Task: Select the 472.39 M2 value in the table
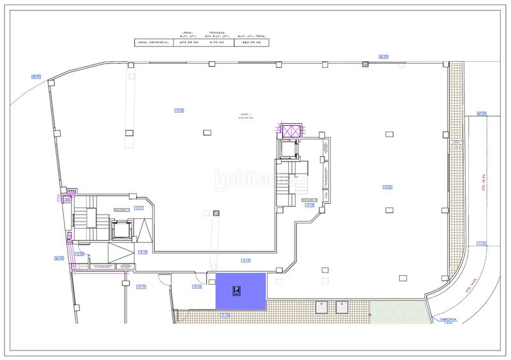click(x=188, y=43)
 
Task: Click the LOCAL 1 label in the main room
click(x=246, y=116)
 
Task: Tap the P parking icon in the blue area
click(x=236, y=291)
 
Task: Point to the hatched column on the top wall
click(x=365, y=64)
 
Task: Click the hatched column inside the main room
click(x=217, y=214)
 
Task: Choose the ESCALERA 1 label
click(x=122, y=210)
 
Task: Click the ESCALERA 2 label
click(x=310, y=198)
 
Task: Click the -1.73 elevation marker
click(x=482, y=243)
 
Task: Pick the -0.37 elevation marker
click(x=139, y=207)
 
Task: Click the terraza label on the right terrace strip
click(x=455, y=144)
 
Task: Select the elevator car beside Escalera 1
click(x=121, y=230)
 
